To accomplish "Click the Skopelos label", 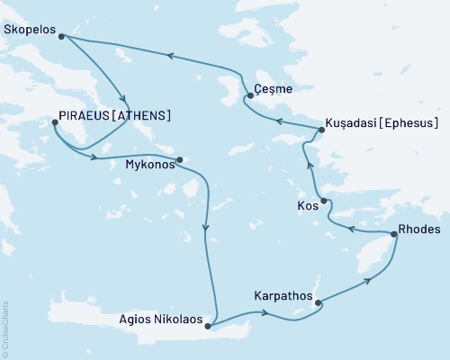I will (29, 30).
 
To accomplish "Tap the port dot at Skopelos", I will (61, 36).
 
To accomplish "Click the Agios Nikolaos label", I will (159, 317).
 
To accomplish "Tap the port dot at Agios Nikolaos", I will (209, 326).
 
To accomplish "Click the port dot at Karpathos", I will (317, 303).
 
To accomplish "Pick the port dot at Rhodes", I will (393, 235).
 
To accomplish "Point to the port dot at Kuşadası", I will (319, 131).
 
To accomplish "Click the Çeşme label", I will (274, 90).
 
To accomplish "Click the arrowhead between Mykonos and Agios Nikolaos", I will (207, 227).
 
